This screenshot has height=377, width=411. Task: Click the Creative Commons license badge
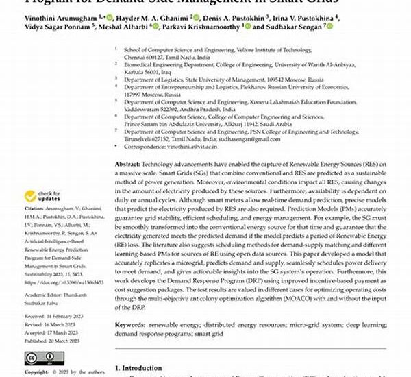point(40,357)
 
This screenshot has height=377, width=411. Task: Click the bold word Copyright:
point(36,372)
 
